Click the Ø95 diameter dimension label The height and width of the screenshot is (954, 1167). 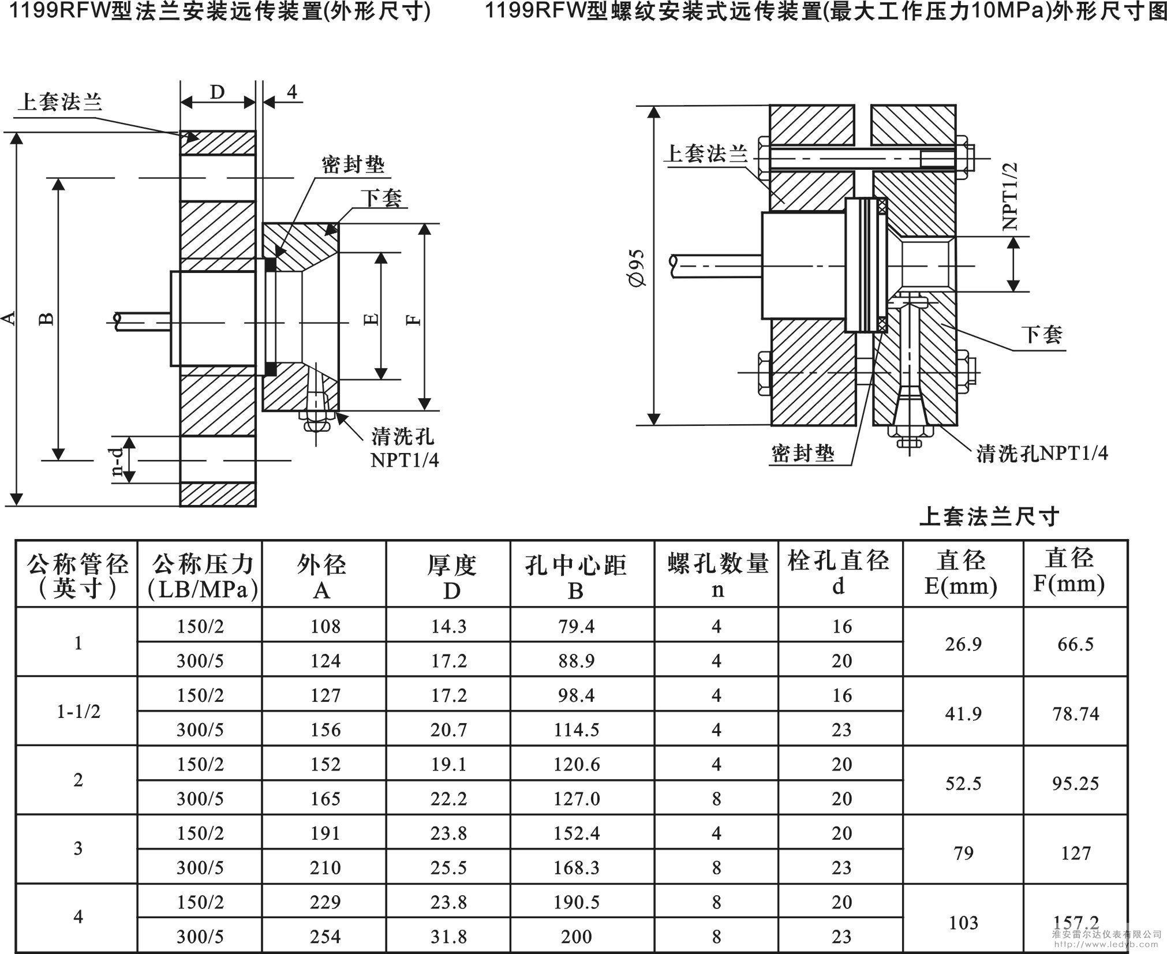point(638,268)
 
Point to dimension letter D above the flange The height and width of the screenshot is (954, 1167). point(217,92)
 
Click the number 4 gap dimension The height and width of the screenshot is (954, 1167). point(292,92)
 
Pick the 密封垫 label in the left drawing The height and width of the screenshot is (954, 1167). point(353,165)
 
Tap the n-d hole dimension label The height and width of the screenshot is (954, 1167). point(117,462)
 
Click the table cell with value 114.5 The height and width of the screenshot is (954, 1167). point(576,730)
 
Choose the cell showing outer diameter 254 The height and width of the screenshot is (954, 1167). point(325,936)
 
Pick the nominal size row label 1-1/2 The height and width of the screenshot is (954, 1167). point(78,712)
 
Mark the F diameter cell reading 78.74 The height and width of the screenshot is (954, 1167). point(1075,714)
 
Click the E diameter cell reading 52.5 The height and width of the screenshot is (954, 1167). point(963,783)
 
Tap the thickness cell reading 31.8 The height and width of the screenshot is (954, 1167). point(448,936)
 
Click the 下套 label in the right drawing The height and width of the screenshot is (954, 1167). point(1042,334)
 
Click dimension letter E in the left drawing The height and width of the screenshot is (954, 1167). point(372,318)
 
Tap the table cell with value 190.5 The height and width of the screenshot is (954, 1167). point(576,902)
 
